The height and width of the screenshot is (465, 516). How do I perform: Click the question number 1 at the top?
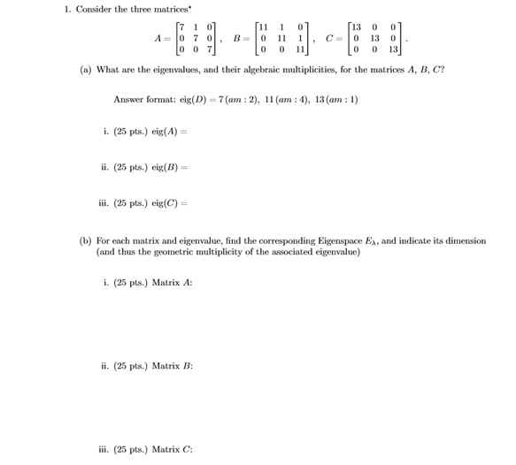click(x=66, y=10)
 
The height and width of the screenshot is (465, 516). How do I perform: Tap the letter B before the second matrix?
click(x=236, y=39)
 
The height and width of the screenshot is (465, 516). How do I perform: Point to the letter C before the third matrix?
click(x=328, y=39)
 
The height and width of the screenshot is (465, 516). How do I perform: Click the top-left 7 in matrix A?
click(x=181, y=27)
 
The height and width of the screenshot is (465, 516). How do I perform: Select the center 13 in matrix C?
click(x=374, y=39)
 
